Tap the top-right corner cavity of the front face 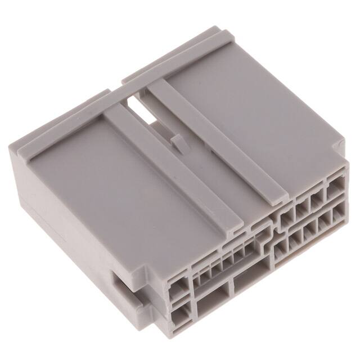click(x=337, y=187)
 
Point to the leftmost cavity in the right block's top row click(x=287, y=216)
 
